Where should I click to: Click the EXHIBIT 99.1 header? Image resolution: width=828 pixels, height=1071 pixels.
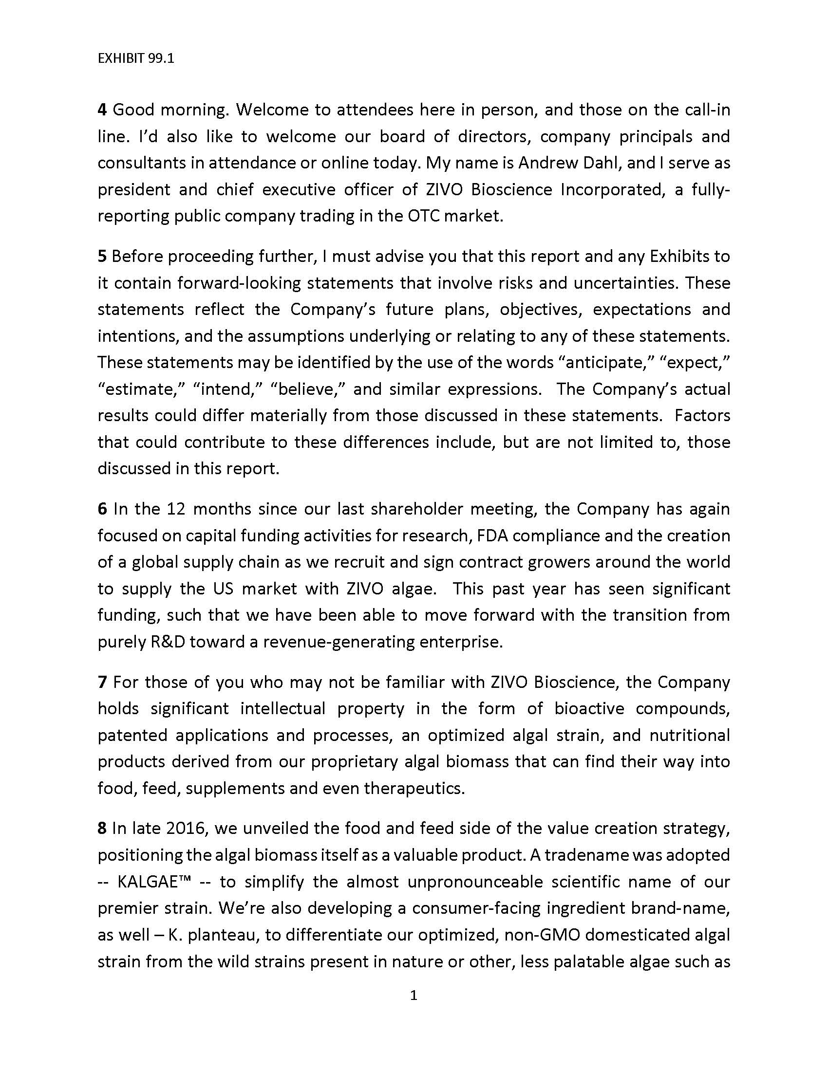(x=136, y=59)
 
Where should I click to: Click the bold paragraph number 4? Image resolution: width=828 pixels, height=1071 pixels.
(x=102, y=110)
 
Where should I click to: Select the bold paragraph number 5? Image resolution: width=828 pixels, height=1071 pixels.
(x=102, y=257)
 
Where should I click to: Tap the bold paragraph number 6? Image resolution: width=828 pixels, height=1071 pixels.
(x=102, y=509)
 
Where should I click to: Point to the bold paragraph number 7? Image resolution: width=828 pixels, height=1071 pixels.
(x=102, y=682)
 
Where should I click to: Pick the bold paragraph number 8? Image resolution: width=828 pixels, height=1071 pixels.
(x=102, y=828)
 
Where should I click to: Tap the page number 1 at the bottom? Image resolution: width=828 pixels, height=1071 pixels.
(x=414, y=996)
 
